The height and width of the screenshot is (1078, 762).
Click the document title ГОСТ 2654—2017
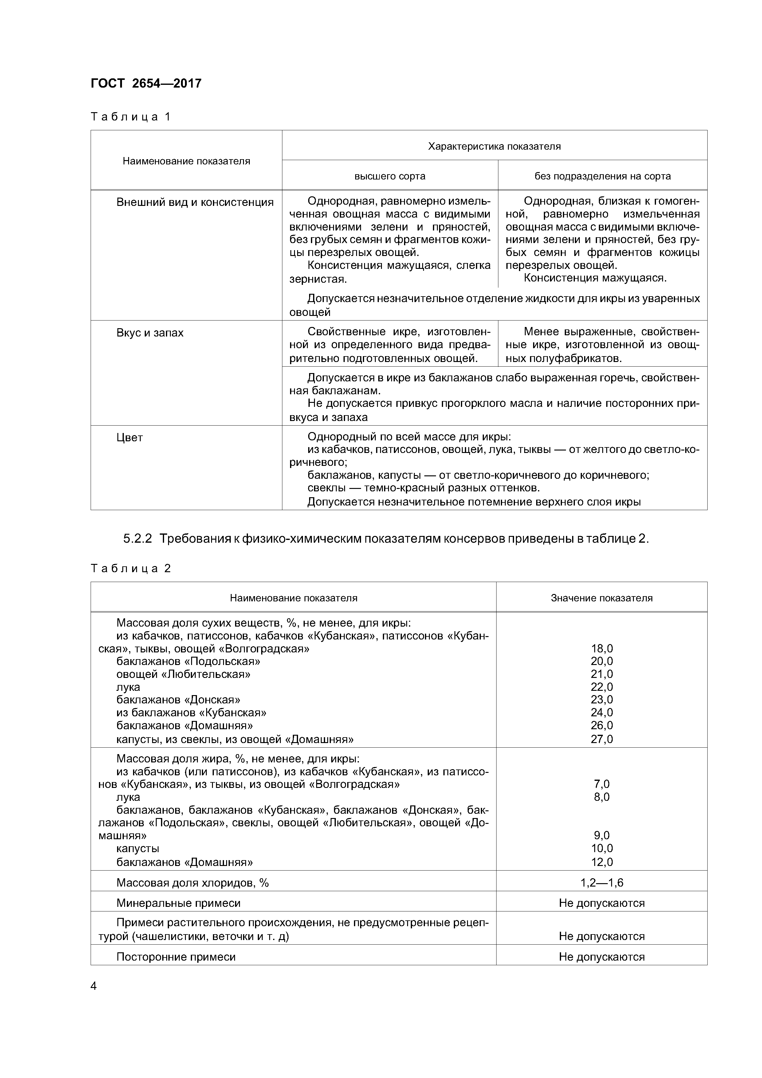point(146,84)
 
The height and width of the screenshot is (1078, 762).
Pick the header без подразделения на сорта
point(602,176)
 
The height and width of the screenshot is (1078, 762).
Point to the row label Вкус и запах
point(150,333)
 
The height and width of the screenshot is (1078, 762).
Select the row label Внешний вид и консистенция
point(195,203)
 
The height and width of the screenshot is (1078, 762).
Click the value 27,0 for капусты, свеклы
point(601,739)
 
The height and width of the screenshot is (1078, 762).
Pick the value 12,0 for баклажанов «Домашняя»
point(601,862)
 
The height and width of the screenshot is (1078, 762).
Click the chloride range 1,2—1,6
point(601,883)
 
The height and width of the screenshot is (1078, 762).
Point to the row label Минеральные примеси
point(178,903)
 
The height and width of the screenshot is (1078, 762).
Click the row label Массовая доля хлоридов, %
point(192,883)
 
